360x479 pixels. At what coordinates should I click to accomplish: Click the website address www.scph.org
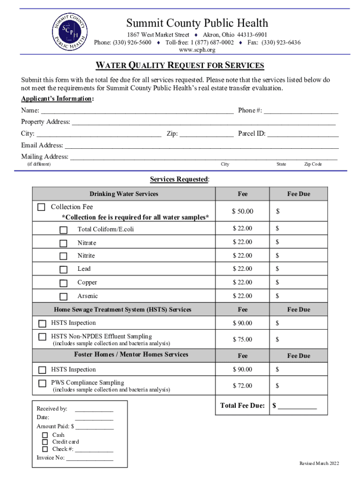tap(197, 50)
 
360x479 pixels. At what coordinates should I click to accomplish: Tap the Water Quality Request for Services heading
tap(180, 65)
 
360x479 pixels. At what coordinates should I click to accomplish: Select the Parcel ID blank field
tap(303, 134)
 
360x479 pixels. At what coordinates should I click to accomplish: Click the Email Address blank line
tap(201, 145)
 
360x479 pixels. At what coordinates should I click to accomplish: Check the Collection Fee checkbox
tap(42, 207)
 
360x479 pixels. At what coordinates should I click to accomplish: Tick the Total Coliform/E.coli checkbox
tap(63, 230)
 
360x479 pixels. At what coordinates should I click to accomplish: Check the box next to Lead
tap(63, 269)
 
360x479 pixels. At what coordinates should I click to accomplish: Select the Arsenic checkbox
tap(63, 297)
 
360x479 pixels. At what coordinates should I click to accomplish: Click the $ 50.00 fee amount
tap(243, 212)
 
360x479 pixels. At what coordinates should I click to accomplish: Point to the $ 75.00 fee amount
tap(243, 340)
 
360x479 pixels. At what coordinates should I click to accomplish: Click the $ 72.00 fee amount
tap(243, 386)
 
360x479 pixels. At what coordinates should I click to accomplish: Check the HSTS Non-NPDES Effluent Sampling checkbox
tap(43, 337)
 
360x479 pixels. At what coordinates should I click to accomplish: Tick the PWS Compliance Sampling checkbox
tap(43, 383)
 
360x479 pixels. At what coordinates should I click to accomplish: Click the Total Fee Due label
tap(243, 406)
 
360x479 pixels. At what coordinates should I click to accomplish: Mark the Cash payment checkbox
tap(45, 435)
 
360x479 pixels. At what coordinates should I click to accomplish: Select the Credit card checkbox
tap(45, 442)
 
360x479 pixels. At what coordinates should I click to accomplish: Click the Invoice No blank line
tap(90, 458)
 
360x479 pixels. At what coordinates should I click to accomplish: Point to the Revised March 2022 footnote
tap(319, 464)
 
